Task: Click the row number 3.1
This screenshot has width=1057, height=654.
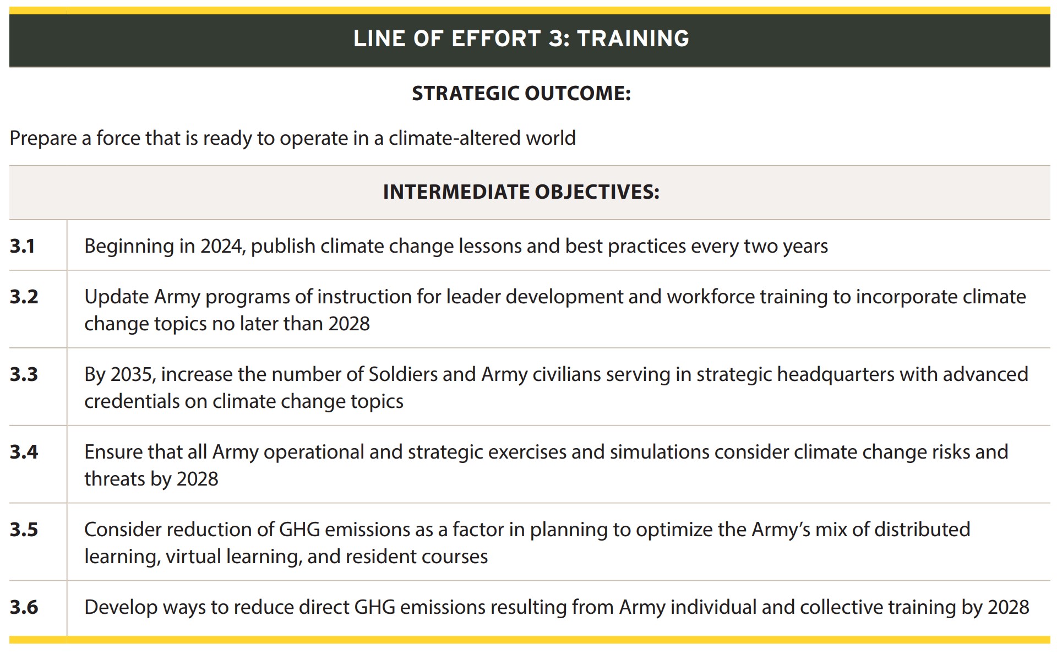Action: coord(23,246)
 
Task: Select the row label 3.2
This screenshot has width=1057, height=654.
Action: coord(24,297)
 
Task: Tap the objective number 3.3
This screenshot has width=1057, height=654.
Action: coord(24,374)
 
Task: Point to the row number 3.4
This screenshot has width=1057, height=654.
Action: coord(24,452)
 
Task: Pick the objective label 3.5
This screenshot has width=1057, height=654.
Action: coord(24,530)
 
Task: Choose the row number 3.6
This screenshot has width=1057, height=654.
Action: coord(24,607)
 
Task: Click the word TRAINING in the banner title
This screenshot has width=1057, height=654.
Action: coord(633,39)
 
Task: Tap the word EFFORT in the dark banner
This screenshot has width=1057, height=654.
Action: coord(496,39)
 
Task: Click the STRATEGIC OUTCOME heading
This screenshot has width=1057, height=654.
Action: coord(521,94)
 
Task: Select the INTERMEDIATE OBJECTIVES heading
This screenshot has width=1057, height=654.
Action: coord(521,192)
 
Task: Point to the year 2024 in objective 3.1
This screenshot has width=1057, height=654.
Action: coord(221,246)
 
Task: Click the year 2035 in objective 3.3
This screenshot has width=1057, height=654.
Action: coord(132,374)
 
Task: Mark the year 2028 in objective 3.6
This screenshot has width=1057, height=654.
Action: coord(1008,607)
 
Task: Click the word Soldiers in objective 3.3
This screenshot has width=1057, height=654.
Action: coord(402,374)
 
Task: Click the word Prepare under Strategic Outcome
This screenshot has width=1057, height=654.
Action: coord(43,138)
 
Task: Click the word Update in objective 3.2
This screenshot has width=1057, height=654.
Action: coord(116,297)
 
